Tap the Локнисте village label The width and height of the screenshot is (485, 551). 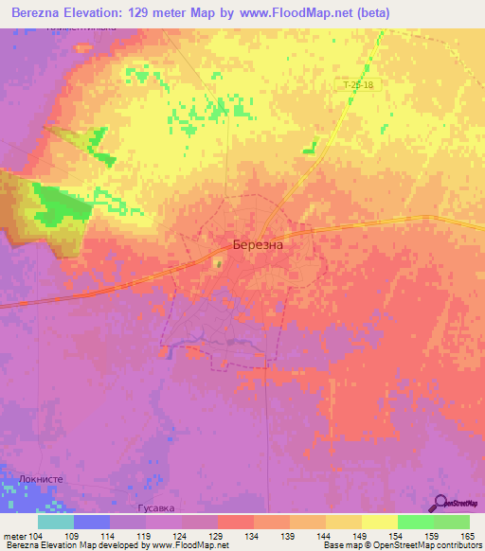40,480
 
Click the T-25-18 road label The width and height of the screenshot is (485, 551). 358,85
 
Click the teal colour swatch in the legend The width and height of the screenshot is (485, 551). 56,522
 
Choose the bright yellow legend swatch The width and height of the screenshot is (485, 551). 380,522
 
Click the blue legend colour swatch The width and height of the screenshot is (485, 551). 92,522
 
